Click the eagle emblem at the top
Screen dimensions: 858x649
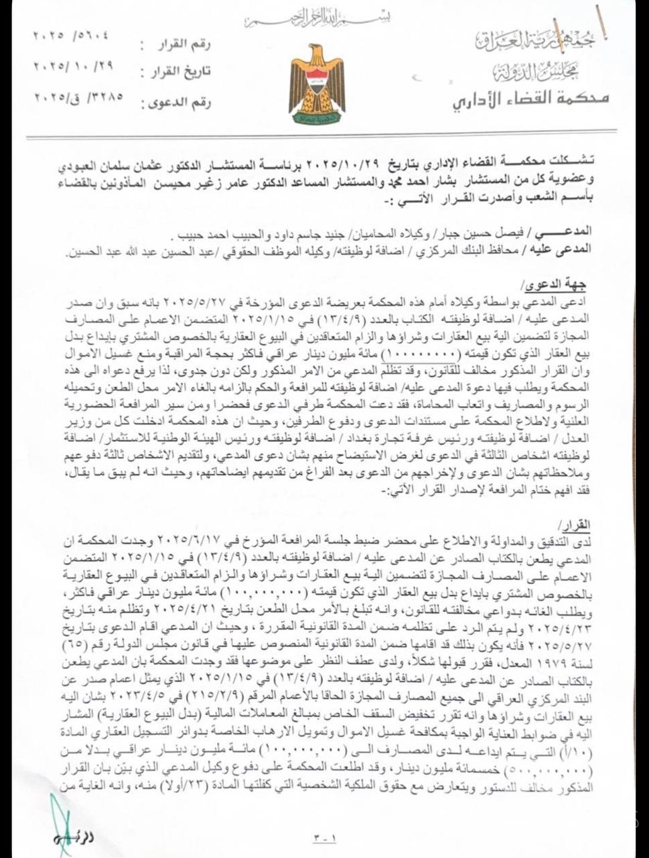click(x=317, y=84)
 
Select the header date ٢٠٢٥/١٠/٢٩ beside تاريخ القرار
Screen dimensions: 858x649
click(x=70, y=66)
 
